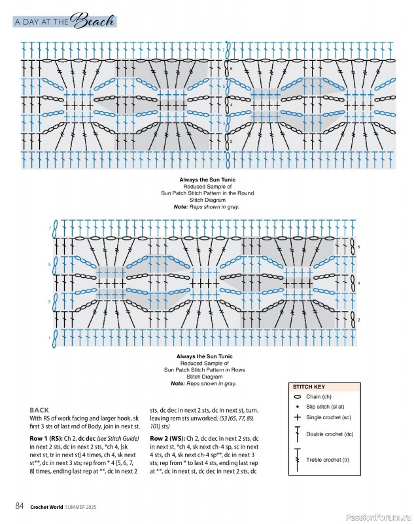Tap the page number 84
(20, 505)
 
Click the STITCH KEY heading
(308, 387)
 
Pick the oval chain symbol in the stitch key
(298, 397)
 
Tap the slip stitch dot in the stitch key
(298, 407)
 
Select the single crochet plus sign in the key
(298, 417)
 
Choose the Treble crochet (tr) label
(328, 460)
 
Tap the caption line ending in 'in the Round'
(207, 193)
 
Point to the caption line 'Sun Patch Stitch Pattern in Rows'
(207, 370)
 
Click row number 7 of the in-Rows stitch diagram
(49, 227)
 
